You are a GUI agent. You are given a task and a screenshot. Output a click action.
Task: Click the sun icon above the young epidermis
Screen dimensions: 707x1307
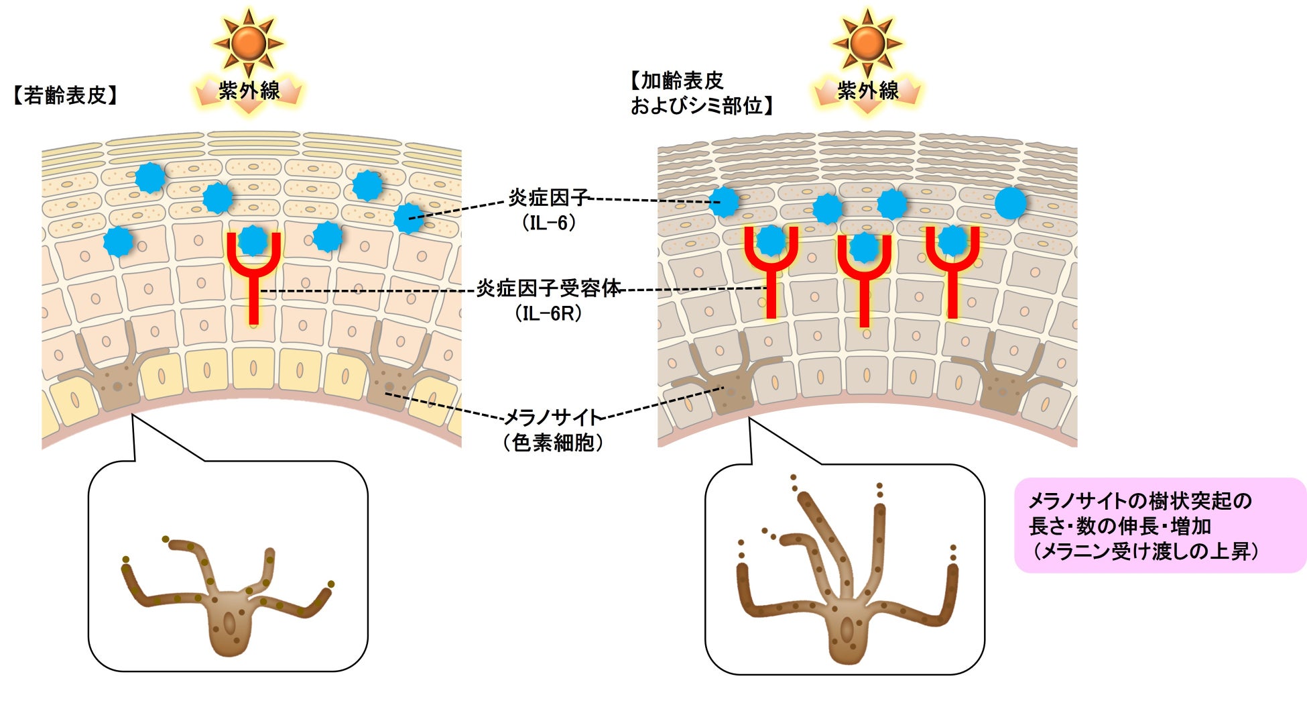coord(249,42)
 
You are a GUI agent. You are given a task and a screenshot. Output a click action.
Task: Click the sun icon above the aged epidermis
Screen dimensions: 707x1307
coord(867,42)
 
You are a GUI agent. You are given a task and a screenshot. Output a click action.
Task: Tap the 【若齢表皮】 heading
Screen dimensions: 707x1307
coord(65,95)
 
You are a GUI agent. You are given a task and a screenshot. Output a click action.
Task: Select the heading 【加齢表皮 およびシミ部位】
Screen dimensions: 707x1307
coord(700,93)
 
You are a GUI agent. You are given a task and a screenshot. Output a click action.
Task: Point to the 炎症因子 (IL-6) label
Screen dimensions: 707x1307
coord(549,209)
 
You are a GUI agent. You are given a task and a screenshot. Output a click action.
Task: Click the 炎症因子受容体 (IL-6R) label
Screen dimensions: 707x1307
coord(549,300)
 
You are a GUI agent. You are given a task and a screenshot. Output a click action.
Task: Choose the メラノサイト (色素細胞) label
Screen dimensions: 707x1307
coord(554,429)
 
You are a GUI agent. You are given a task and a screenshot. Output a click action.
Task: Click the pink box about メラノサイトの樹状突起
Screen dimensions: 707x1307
coord(1160,525)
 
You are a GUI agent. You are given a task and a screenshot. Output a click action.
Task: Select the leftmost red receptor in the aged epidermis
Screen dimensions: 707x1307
coord(771,272)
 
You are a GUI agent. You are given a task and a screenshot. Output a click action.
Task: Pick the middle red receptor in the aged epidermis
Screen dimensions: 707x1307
coord(865,278)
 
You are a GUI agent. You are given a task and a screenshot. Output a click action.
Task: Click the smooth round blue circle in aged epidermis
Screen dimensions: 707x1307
coord(1010,203)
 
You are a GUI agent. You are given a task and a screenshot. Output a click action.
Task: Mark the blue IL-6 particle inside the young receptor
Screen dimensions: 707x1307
coord(253,240)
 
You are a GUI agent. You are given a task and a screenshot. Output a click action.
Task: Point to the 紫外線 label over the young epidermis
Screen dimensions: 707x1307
coord(249,91)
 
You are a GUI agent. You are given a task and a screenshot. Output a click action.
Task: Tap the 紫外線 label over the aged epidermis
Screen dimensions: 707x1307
coord(867,91)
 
